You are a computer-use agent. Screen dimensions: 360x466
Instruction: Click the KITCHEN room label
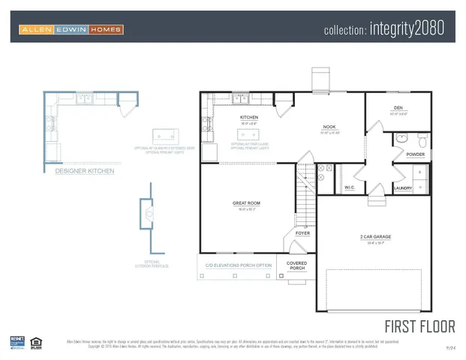(x=249, y=118)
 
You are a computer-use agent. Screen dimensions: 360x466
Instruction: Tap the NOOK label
(x=329, y=127)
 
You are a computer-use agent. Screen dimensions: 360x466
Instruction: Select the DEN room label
(x=398, y=108)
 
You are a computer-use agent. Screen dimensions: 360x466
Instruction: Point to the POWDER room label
(x=415, y=154)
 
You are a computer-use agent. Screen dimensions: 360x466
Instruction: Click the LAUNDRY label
(x=402, y=187)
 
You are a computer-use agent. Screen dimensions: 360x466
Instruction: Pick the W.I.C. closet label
(x=350, y=187)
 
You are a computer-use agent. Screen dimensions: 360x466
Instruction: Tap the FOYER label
(x=302, y=233)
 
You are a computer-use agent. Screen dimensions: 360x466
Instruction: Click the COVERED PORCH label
(x=297, y=265)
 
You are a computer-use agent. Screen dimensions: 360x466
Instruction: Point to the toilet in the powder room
(x=422, y=140)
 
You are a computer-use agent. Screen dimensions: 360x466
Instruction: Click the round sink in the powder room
(x=401, y=139)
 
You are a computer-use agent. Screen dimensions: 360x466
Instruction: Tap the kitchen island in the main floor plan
(x=248, y=135)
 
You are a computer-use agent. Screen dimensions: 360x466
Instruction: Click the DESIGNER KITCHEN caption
(x=85, y=172)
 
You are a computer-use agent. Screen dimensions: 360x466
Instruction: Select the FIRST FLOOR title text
(x=419, y=326)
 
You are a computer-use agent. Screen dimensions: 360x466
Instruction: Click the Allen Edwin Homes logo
(x=71, y=30)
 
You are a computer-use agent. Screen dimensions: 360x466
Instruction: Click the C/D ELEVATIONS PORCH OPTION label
(x=239, y=265)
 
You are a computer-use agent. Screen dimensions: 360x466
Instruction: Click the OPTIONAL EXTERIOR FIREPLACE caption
(x=152, y=264)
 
